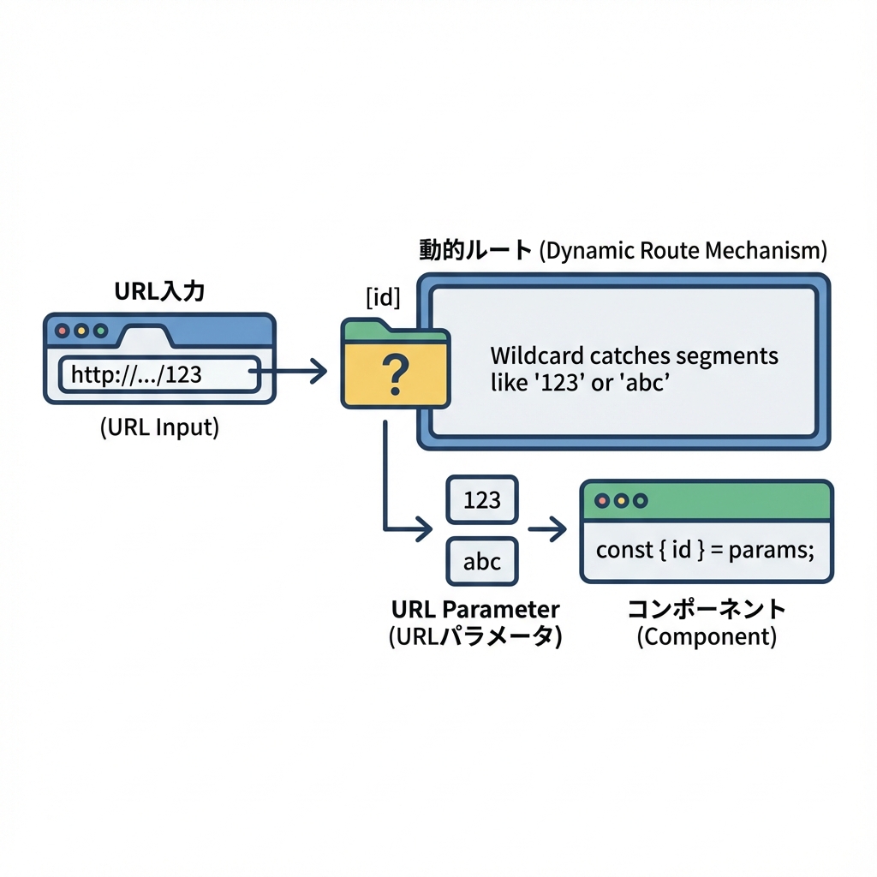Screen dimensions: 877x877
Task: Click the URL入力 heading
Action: (160, 291)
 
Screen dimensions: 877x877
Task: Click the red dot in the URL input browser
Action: (62, 330)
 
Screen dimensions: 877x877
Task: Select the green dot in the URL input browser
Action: (101, 330)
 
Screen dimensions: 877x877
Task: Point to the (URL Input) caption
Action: (159, 427)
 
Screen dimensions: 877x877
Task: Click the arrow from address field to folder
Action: (291, 372)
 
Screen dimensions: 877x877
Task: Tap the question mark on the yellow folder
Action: (395, 375)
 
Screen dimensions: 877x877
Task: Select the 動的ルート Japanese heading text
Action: (475, 250)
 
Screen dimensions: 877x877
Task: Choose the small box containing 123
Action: (482, 499)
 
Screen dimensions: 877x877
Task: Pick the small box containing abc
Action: (482, 562)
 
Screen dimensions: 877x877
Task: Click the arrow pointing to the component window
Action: (548, 531)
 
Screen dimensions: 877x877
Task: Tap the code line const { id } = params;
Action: (705, 549)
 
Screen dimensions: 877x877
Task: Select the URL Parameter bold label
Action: (475, 610)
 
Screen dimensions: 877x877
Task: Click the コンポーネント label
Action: (707, 610)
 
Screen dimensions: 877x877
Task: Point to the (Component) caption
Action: (707, 637)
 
